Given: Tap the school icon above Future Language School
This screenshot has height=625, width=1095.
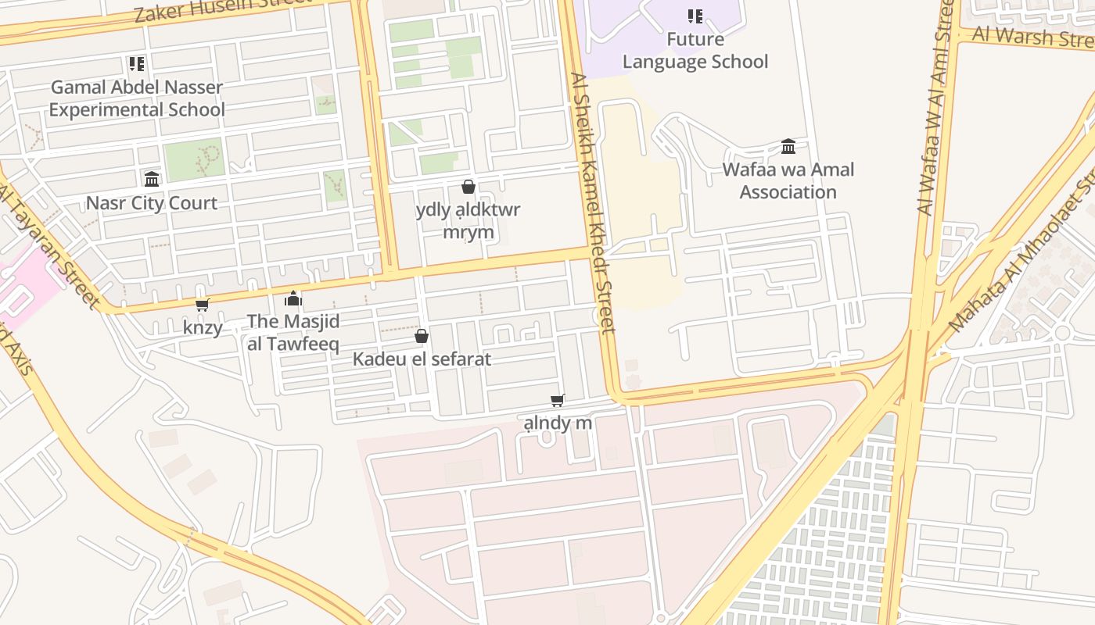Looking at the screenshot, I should coord(695,16).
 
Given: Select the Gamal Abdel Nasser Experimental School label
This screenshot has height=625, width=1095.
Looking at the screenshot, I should coord(137,98).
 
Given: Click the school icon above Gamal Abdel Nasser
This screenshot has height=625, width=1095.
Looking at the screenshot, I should coord(137,64).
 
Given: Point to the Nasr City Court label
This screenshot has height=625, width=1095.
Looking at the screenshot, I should coord(152,203).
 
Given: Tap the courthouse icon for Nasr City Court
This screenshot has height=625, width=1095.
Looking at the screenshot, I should coord(152,180).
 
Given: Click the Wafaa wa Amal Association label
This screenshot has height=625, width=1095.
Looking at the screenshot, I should coord(788,180).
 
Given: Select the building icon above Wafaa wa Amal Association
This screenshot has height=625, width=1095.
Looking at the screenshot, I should coord(788,147).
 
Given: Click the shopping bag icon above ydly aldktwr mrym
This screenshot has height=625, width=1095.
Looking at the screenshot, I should coord(469,187).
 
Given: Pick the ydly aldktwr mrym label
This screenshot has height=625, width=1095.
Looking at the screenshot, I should coord(468,221).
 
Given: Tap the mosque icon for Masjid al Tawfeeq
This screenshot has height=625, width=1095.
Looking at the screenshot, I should coord(293,298).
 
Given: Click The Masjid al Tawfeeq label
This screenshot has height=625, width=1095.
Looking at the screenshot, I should coord(293,332).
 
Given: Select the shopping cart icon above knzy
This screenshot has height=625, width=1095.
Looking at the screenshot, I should coord(203,305).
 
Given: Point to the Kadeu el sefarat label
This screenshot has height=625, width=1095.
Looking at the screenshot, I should coord(422,359).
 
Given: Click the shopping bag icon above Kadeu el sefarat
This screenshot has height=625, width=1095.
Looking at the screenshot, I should coord(422,336).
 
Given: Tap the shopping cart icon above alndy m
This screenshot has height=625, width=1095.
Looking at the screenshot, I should coord(558,401).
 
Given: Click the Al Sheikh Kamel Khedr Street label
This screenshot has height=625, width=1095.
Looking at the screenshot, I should coord(594,203).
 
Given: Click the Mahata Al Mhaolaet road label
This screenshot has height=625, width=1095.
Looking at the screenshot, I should coord(1021,258).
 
